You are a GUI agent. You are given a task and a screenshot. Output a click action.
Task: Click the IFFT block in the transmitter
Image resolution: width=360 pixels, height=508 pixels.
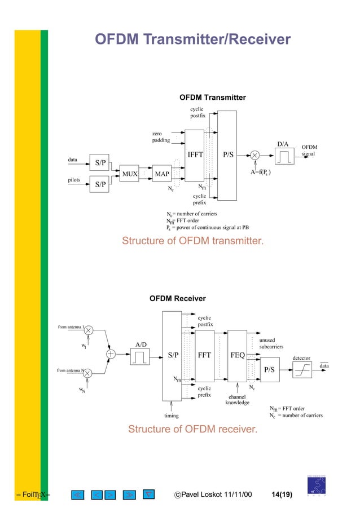(x=194, y=155)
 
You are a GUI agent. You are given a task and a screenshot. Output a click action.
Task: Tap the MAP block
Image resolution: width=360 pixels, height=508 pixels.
(x=161, y=174)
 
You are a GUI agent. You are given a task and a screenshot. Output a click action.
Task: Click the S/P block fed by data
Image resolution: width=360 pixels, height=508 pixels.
(x=100, y=163)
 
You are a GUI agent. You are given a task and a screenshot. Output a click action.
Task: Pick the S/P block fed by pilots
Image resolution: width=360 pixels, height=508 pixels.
(x=100, y=184)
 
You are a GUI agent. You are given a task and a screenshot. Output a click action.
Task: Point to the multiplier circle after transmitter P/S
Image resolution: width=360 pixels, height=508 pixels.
(x=255, y=155)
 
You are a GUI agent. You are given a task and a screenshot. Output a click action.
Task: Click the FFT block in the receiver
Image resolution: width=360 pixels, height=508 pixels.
(x=204, y=356)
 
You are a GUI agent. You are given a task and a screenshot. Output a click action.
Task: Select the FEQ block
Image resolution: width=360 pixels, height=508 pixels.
(x=238, y=356)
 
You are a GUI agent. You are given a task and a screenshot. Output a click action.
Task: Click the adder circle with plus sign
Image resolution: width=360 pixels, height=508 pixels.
(x=111, y=354)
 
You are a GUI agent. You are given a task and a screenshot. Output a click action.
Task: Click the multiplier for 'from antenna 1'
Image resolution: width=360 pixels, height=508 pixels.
(x=88, y=332)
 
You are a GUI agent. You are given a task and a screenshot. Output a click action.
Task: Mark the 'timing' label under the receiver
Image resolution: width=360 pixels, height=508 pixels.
(x=171, y=416)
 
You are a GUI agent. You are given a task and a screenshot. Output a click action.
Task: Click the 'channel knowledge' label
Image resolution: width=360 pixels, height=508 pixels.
(x=237, y=400)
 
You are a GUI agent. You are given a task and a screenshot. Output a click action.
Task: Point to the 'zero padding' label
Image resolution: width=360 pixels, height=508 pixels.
(x=160, y=137)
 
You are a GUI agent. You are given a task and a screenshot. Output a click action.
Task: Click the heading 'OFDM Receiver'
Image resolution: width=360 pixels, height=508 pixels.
(x=177, y=299)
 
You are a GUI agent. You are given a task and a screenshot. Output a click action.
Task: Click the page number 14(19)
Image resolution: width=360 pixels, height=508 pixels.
(x=282, y=495)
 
